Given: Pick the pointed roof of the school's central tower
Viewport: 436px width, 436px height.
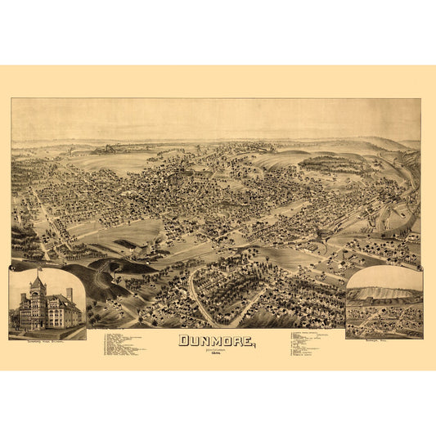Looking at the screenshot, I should pos(36,282).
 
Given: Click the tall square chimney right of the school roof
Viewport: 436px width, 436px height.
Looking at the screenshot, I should pos(70,292).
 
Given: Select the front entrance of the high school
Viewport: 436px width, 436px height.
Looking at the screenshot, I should pos(37,324).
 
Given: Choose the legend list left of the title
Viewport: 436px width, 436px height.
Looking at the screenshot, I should pos(131,344).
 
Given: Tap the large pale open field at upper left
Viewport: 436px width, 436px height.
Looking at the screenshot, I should pos(106,162).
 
